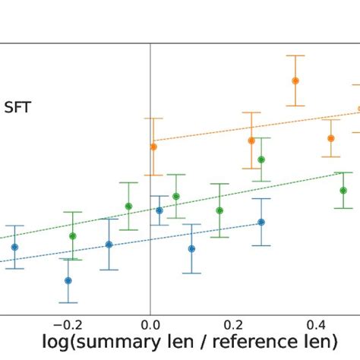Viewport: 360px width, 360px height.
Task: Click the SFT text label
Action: point(18,107)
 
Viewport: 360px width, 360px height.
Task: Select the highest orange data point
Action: point(295,81)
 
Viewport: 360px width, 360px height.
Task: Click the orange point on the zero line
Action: point(153,146)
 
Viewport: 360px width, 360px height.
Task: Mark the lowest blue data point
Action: point(68,280)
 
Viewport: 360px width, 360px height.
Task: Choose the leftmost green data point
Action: point(73,235)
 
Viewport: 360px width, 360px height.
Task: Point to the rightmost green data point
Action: point(343,191)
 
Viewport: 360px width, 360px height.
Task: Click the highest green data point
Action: point(261,159)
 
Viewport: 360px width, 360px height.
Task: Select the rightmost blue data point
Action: point(261,222)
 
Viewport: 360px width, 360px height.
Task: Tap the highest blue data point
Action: point(159,210)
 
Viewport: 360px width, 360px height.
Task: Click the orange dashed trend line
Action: point(228,130)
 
